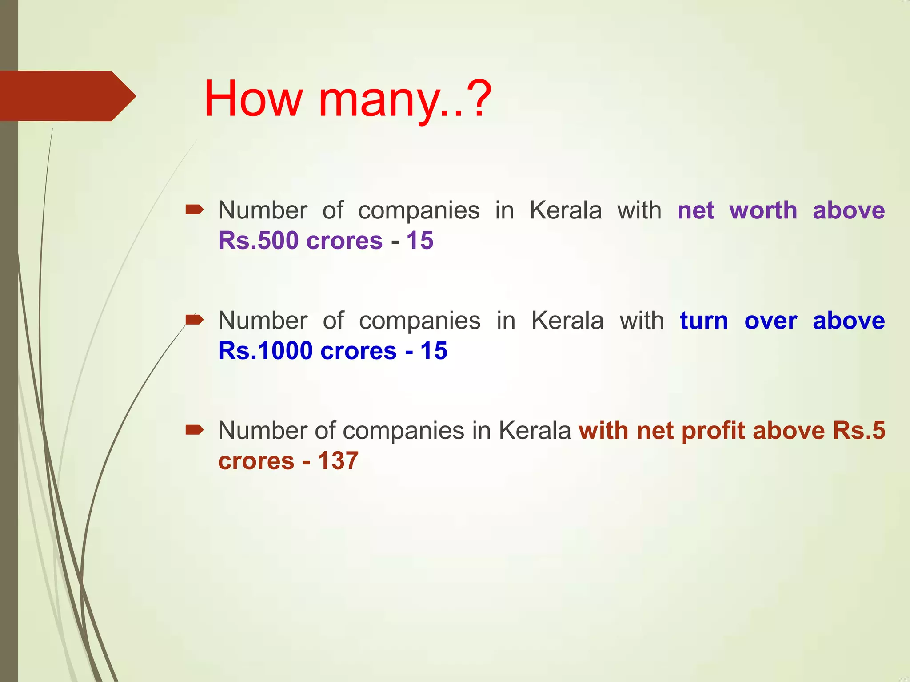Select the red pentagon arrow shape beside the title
click(x=67, y=96)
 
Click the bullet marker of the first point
click(x=194, y=210)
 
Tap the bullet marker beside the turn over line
click(x=194, y=320)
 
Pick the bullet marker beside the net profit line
click(x=194, y=430)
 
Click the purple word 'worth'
click(x=763, y=210)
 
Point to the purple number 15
click(x=419, y=241)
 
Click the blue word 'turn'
click(x=704, y=321)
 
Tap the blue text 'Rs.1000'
click(x=265, y=351)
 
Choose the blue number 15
click(x=434, y=351)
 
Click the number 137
click(x=338, y=461)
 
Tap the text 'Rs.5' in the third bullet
click(x=859, y=431)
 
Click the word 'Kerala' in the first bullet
click(x=566, y=210)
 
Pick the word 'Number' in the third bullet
click(x=263, y=431)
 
